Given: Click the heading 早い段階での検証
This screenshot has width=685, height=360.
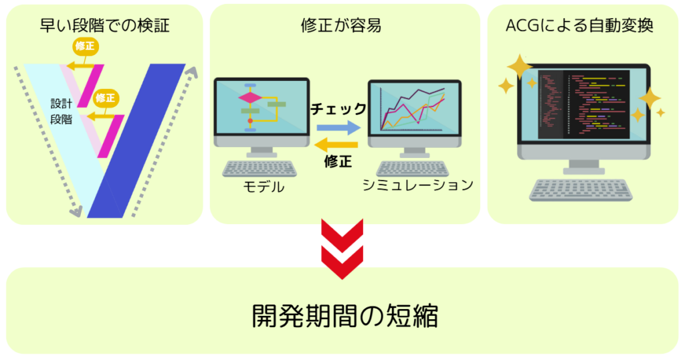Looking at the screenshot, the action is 104,25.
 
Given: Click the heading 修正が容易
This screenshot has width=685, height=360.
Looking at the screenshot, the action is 341,25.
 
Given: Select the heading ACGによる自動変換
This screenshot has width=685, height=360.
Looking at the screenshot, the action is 579,25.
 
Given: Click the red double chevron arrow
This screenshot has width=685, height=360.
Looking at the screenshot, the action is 342,249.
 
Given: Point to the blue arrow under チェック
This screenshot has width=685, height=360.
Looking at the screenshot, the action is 338,128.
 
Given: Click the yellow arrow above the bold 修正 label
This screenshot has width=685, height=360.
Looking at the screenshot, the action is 336,145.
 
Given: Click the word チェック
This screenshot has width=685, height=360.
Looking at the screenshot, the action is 338,109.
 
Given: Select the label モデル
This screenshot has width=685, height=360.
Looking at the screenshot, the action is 264,187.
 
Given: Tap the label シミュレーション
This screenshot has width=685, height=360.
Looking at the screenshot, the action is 417,185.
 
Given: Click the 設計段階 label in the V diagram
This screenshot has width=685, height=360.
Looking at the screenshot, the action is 61,111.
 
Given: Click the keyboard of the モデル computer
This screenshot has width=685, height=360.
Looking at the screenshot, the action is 260,169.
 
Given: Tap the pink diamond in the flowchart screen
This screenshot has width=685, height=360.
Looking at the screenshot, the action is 250,98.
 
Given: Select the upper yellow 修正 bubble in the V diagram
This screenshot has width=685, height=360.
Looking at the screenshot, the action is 85,47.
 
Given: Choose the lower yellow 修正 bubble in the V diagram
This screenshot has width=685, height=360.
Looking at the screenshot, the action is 105,98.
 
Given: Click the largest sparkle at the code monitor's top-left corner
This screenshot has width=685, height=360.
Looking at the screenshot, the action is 519,66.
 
